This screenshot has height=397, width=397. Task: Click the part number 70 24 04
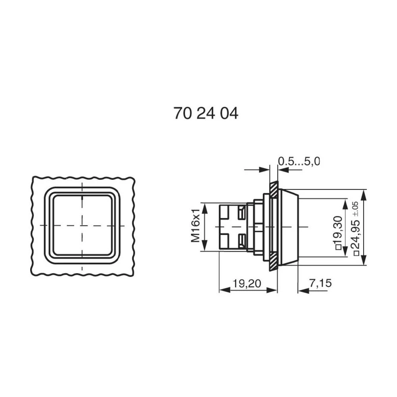pyautogui.click(x=206, y=114)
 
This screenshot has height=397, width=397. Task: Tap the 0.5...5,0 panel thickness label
pyautogui.click(x=299, y=161)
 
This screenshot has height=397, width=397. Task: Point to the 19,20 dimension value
pyautogui.click(x=247, y=283)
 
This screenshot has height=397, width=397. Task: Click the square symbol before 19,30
pyautogui.click(x=339, y=248)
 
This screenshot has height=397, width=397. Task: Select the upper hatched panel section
pyautogui.click(x=274, y=190)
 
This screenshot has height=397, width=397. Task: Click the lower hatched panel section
pyautogui.click(x=273, y=262)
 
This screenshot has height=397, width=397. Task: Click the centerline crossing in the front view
pyautogui.click(x=82, y=225)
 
